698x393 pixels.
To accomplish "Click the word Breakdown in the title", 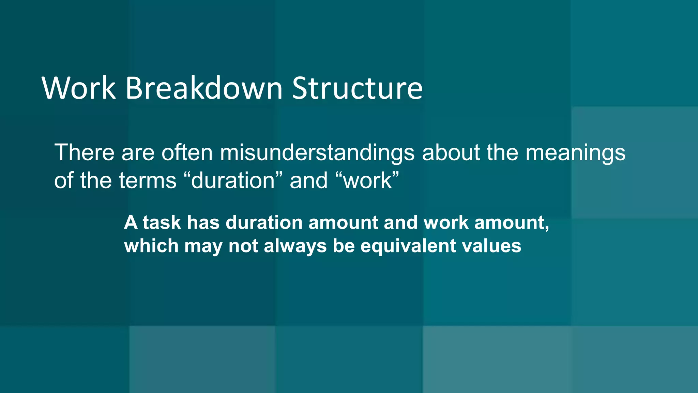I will [204, 88].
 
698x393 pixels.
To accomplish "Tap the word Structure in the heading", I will [357, 88].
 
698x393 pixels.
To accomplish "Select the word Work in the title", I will [79, 88].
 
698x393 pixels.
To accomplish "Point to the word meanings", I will [575, 153].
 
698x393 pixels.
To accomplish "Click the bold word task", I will [162, 223].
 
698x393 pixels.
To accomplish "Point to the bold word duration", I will [264, 223].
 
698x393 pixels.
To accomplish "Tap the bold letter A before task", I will [131, 223].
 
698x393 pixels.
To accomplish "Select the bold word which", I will [151, 246].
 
